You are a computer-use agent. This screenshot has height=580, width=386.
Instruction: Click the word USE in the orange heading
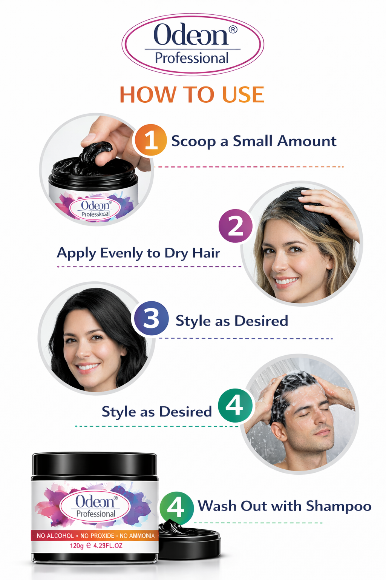click(243, 95)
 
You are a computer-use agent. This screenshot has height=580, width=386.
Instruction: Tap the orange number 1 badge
click(150, 140)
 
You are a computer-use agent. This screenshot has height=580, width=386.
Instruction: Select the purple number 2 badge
click(236, 226)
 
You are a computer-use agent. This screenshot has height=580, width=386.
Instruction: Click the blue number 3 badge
click(151, 318)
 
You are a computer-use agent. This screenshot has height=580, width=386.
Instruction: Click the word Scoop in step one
click(193, 142)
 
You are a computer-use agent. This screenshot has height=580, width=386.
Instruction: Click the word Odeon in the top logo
click(191, 35)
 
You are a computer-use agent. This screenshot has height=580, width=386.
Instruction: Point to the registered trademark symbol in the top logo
click(233, 29)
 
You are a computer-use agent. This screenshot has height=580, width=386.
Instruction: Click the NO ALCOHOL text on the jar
click(55, 536)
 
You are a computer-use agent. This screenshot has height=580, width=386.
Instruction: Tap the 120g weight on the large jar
click(77, 546)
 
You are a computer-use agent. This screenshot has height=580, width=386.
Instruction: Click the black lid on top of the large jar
click(94, 464)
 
